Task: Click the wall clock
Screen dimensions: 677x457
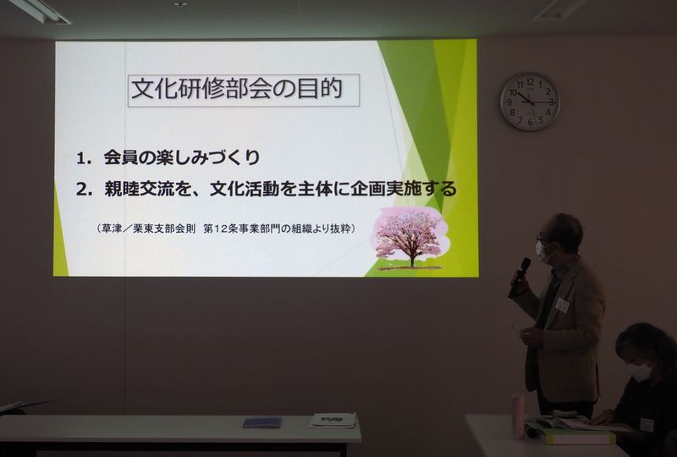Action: coord(530,102)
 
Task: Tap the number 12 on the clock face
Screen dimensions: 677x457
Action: coord(531,82)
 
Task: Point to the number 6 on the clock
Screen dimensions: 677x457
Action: coord(531,123)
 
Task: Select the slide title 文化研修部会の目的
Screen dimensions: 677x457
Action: coord(237,89)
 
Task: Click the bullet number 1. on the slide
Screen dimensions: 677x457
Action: coord(84,158)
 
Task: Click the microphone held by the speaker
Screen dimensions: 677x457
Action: coord(519,278)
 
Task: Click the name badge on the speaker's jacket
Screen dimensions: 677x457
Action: coord(562,305)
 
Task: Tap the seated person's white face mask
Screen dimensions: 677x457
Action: coord(639,372)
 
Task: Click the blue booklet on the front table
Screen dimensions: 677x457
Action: coord(262,422)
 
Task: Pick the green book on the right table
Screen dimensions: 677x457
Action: coord(580,437)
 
